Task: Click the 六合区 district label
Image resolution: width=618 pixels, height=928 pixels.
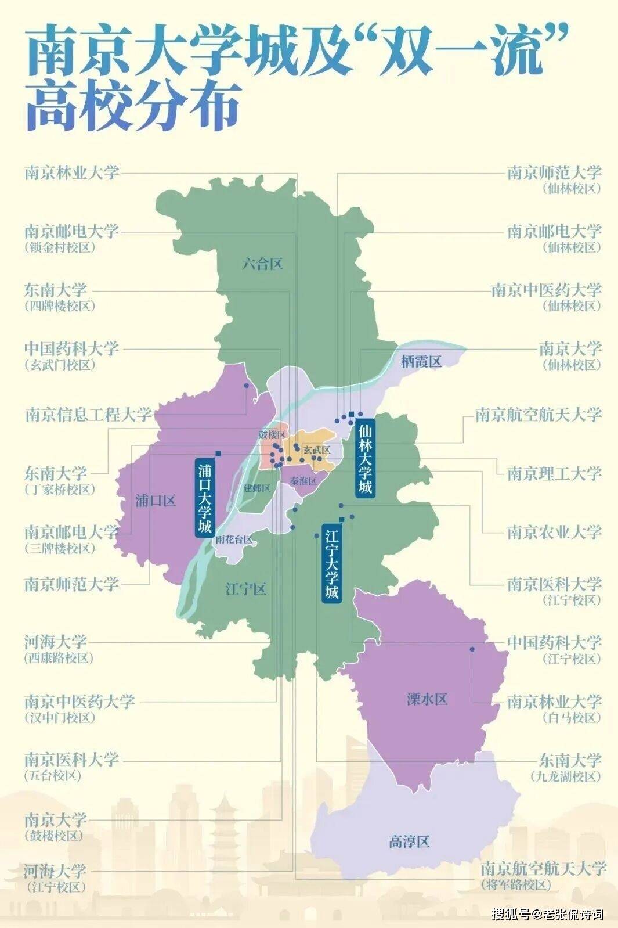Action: tap(262, 264)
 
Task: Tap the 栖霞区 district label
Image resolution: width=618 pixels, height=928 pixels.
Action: tap(421, 361)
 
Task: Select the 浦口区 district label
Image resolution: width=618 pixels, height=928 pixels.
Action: tap(155, 501)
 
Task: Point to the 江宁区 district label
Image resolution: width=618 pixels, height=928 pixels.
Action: tap(245, 589)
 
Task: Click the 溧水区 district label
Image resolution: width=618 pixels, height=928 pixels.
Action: tap(428, 699)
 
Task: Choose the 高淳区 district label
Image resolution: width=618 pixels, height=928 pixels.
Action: tap(409, 841)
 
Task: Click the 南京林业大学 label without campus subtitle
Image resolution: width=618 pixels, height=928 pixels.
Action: tap(72, 172)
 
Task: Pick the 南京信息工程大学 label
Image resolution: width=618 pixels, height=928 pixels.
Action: tap(88, 415)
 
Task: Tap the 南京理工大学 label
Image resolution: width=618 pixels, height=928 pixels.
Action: tap(554, 473)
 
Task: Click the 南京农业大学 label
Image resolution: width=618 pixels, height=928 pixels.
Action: tap(554, 532)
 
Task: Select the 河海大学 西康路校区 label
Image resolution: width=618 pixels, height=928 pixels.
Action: tap(56, 649)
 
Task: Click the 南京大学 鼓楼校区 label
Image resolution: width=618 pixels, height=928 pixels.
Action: tap(56, 826)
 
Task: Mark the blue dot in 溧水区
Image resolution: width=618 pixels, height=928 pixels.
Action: tap(472, 649)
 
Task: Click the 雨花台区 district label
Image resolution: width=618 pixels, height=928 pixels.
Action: tap(234, 539)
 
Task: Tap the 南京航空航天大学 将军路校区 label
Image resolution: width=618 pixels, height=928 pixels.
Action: tap(543, 875)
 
